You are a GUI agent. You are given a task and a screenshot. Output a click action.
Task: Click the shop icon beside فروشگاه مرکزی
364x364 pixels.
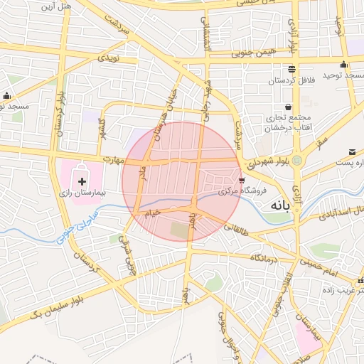coord(243,180)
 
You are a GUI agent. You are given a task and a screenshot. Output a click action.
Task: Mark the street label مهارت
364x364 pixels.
coord(107,159)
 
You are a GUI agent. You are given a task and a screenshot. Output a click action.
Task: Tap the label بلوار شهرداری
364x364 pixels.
coord(270,162)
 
